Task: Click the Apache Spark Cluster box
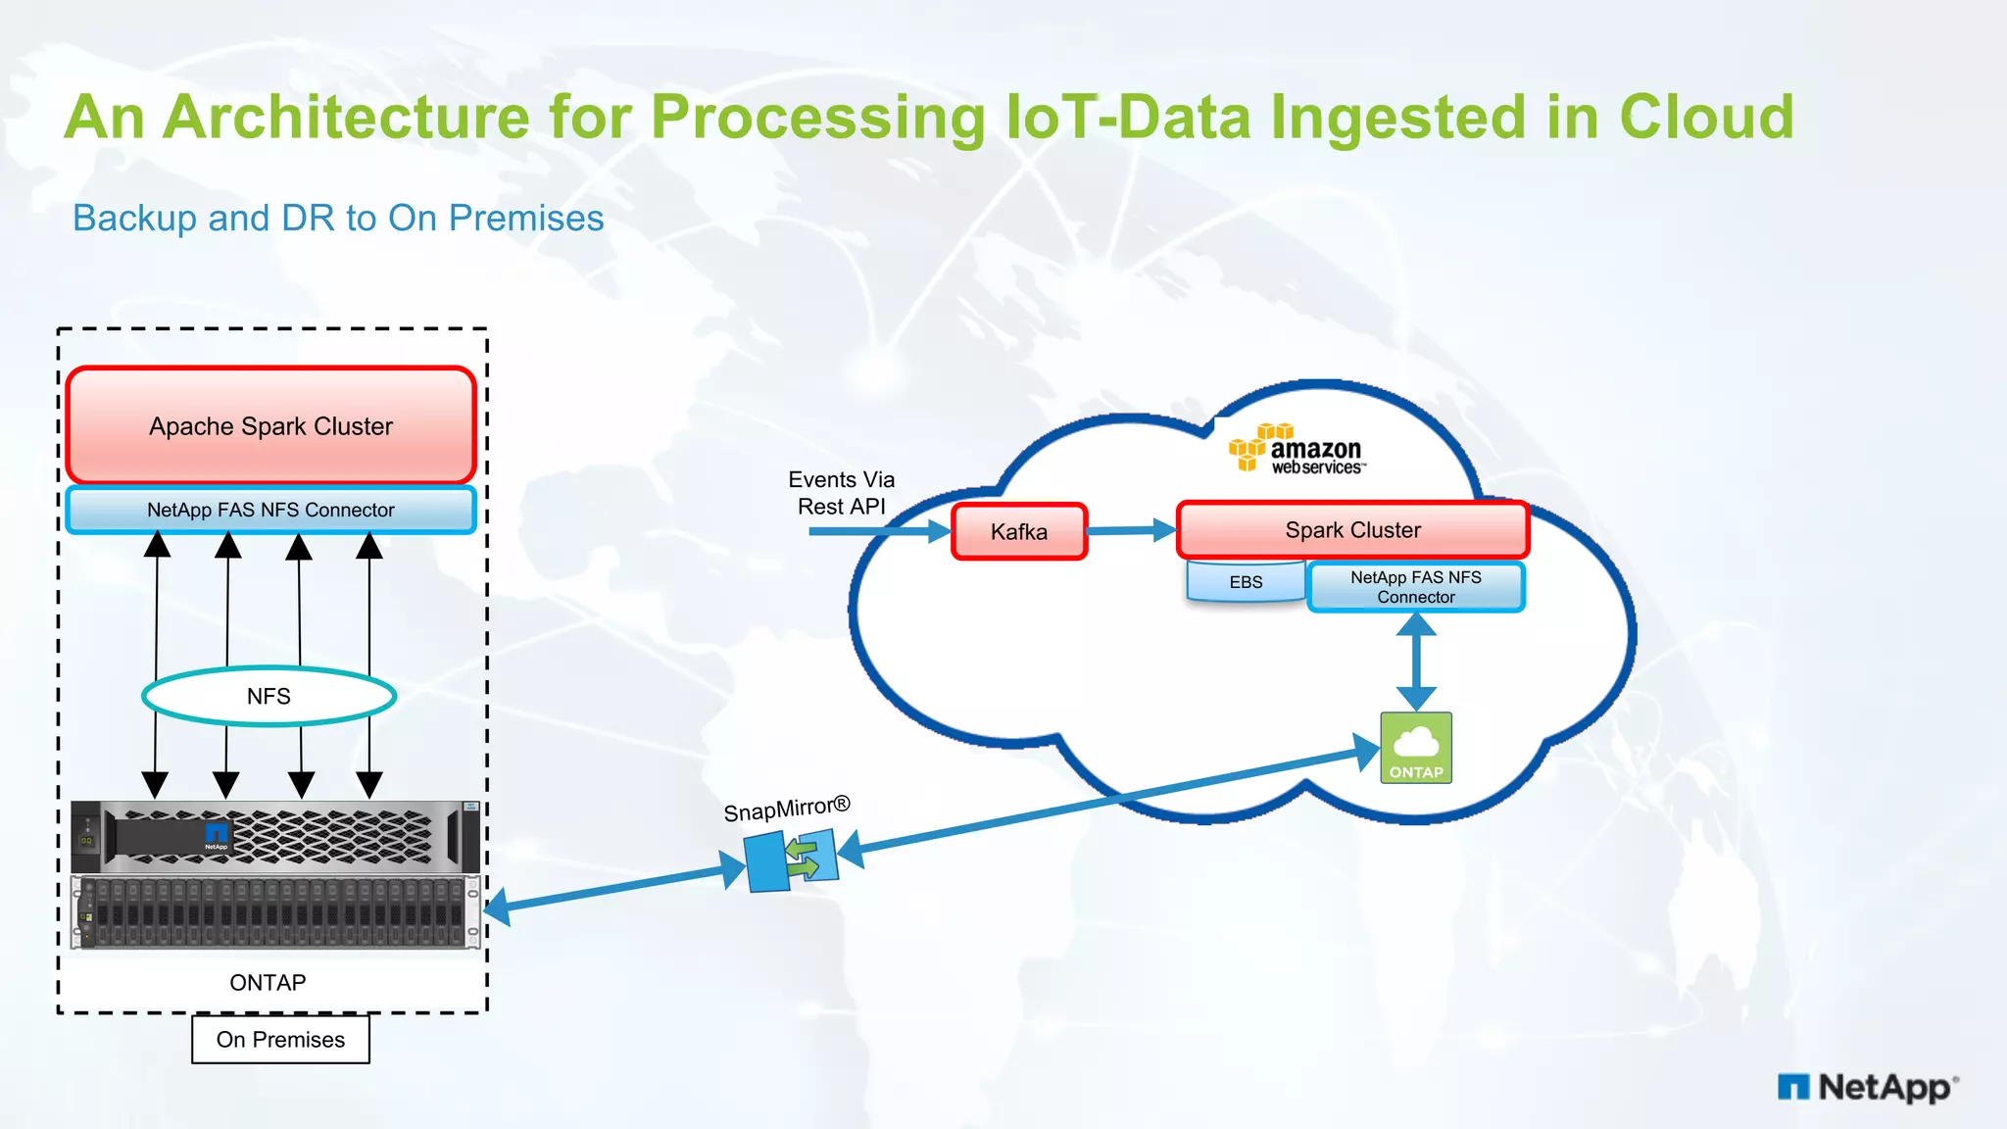click(x=270, y=425)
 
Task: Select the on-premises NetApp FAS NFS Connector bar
click(x=270, y=510)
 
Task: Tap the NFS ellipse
click(x=269, y=696)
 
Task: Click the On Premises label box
click(x=280, y=1039)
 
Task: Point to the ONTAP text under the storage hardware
click(x=268, y=982)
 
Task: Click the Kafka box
click(x=1019, y=531)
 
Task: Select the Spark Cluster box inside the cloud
click(x=1352, y=529)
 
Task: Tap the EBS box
click(x=1246, y=582)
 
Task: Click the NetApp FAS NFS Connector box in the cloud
click(x=1415, y=587)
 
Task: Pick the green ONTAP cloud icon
click(x=1415, y=748)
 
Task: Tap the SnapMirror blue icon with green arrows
click(x=792, y=860)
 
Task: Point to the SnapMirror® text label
click(x=786, y=810)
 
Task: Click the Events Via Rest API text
click(x=841, y=493)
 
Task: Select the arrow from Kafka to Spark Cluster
click(x=1131, y=530)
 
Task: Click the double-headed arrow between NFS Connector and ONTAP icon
click(x=1416, y=662)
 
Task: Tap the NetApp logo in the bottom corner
click(x=1867, y=1087)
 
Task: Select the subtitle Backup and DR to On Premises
click(x=338, y=218)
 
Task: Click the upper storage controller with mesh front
click(x=275, y=836)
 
